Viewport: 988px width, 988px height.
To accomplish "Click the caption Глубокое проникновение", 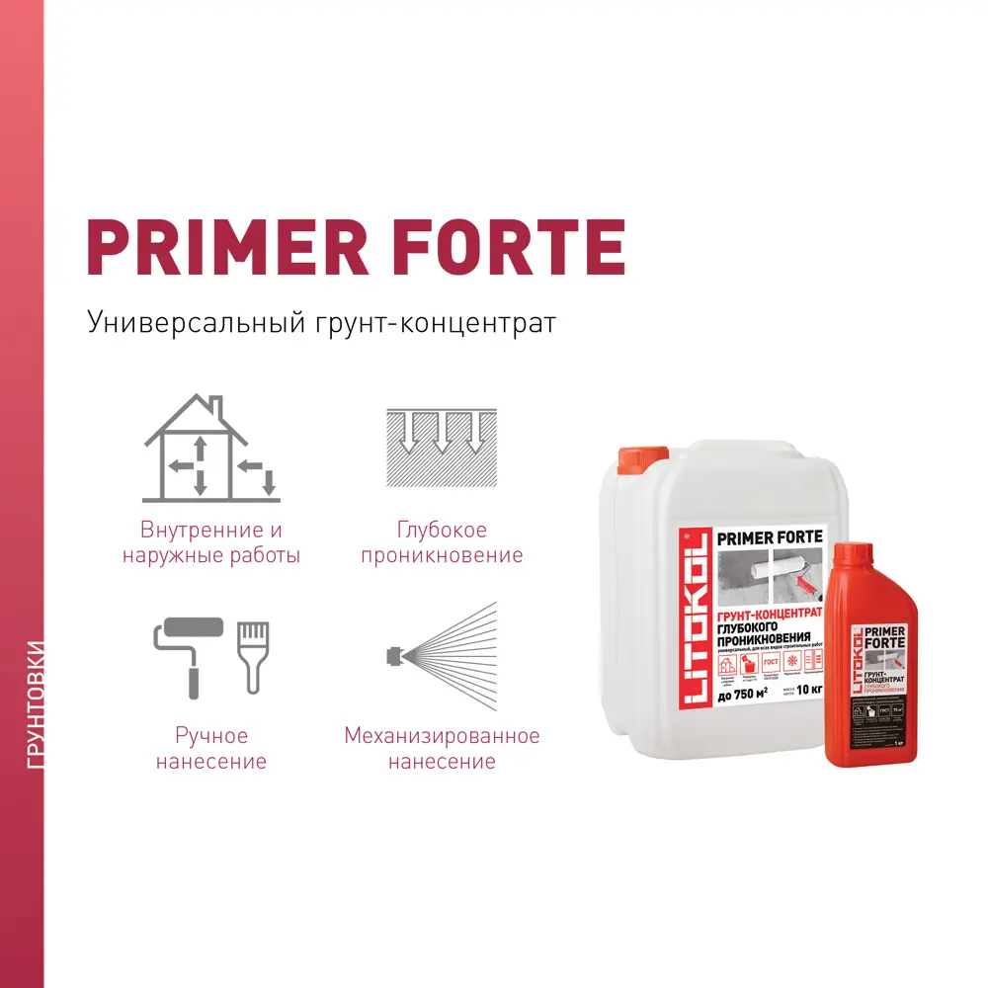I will (x=442, y=542).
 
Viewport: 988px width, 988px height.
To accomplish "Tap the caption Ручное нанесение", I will (x=210, y=748).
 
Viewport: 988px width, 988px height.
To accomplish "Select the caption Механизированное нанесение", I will (x=442, y=748).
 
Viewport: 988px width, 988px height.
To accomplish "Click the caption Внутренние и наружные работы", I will (x=210, y=542).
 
